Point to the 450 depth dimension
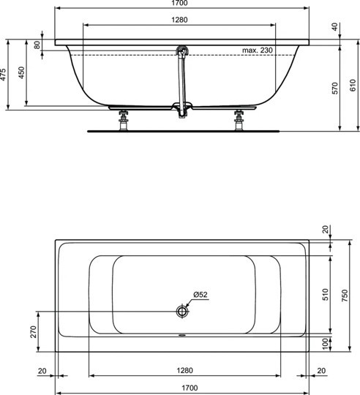coord(23,74)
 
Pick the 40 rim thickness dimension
coord(336,26)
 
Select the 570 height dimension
coord(336,89)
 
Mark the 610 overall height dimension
coord(354,83)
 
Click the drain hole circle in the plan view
coord(181,311)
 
